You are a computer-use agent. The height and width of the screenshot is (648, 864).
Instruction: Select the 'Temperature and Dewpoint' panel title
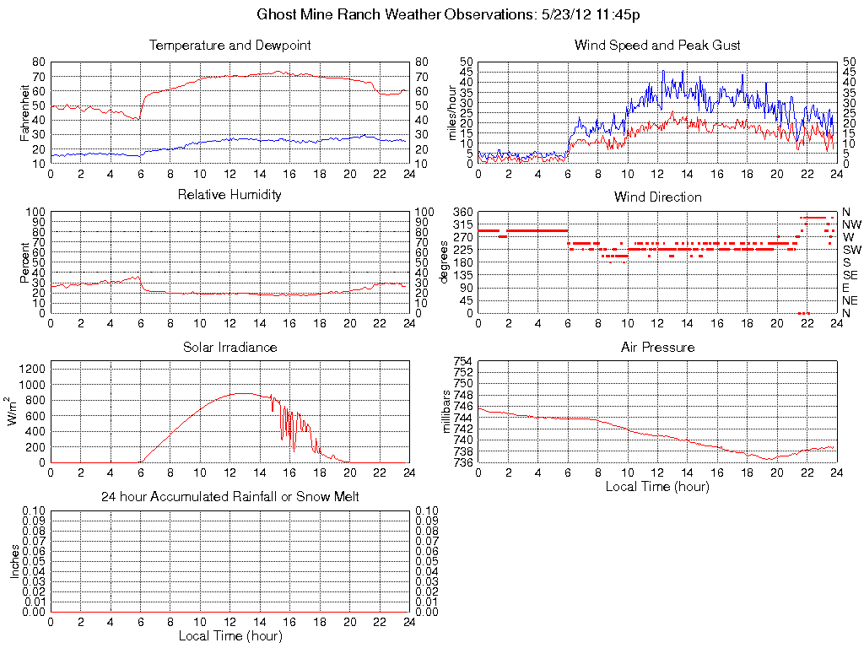pos(229,45)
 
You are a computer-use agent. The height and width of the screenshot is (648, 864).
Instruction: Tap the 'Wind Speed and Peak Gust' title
pos(657,45)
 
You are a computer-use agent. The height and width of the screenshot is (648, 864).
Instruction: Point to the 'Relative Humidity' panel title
pos(229,195)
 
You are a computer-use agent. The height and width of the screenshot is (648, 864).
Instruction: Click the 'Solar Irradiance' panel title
pos(229,347)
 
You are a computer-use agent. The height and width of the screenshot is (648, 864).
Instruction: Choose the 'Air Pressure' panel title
pos(657,347)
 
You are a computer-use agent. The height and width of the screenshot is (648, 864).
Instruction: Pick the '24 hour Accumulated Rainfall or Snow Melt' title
pos(229,497)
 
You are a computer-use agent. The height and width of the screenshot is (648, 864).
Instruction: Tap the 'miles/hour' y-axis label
pos(452,112)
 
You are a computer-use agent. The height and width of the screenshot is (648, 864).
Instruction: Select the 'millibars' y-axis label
pos(448,413)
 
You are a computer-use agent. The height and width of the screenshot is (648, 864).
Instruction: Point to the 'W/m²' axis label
pos(14,412)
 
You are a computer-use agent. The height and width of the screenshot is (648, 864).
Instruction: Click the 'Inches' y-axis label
pos(14,562)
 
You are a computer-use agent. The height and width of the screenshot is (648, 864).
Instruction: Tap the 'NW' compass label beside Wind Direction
pos(850,224)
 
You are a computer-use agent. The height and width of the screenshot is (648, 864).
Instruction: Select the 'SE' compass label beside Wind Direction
pos(850,275)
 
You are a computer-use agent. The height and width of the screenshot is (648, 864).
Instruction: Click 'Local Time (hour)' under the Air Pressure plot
pos(657,486)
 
